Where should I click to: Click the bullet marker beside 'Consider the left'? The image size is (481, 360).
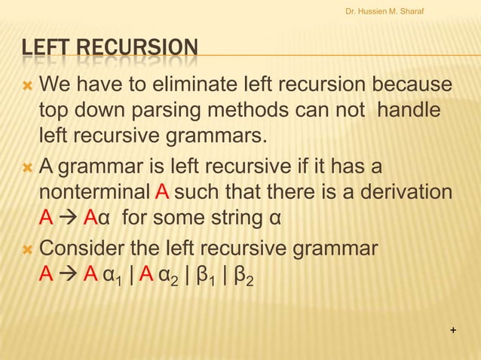point(28,248)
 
